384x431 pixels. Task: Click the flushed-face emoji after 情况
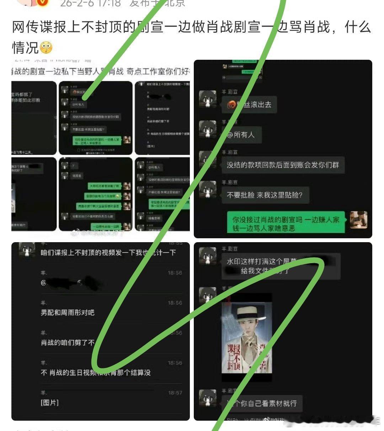coord(46,47)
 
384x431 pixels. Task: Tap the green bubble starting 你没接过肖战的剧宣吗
coord(286,224)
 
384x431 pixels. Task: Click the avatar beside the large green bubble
coord(358,219)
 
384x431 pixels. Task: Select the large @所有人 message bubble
coord(241,135)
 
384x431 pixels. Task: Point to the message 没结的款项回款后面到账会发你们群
coord(283,165)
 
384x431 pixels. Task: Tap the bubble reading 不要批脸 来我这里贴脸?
coord(265,195)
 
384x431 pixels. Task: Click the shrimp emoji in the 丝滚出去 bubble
coord(232,105)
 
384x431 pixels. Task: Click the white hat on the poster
coord(246,312)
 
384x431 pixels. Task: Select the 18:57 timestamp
coord(175,393)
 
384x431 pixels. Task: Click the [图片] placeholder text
coord(49,403)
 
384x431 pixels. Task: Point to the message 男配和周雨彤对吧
coord(68,313)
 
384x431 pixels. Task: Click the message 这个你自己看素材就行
coord(262,404)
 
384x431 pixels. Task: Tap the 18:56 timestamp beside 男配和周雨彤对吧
coord(175,303)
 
